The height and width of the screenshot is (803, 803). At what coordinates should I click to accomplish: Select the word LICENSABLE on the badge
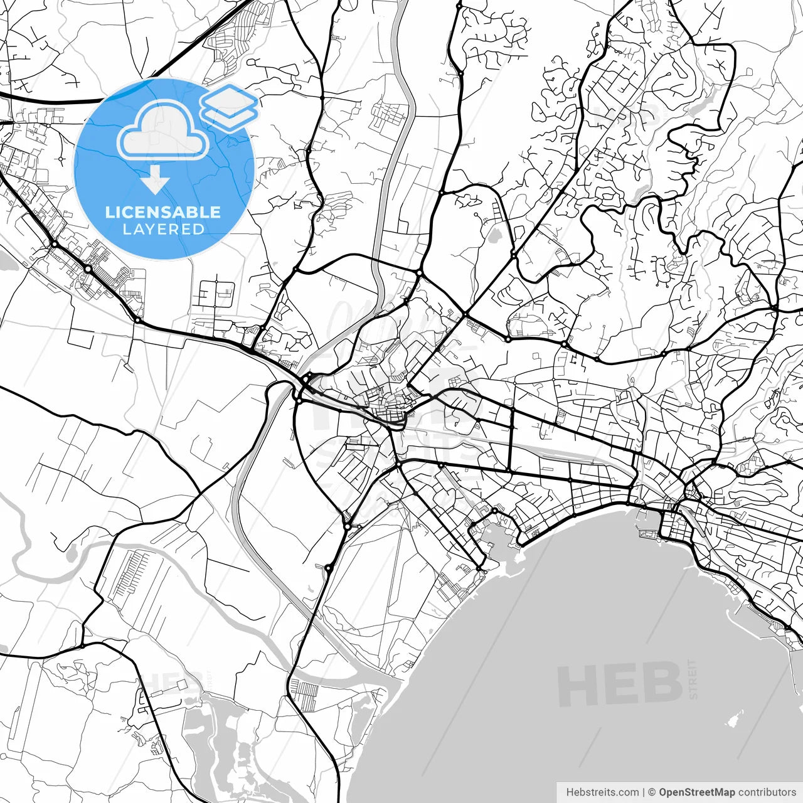pos(163,212)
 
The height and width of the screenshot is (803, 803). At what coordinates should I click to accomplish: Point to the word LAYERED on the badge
pos(163,229)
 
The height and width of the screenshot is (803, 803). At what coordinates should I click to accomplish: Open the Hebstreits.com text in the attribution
pos(602,792)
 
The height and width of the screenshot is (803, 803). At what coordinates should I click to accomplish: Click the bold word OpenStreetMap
pos(696,792)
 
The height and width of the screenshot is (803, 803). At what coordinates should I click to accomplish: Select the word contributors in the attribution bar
pos(767,792)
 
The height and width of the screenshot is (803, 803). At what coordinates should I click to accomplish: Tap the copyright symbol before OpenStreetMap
pos(652,792)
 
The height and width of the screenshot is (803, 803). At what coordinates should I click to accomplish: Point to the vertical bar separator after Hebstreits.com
pos(644,792)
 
